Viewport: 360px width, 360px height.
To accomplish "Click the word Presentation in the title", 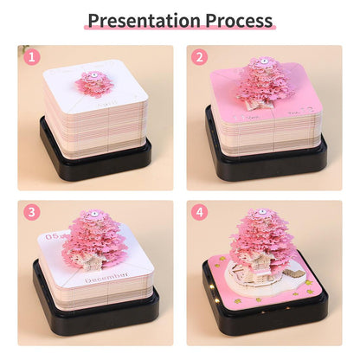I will pyautogui.click(x=143, y=19).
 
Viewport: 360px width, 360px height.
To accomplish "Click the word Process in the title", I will pyautogui.click(x=236, y=19).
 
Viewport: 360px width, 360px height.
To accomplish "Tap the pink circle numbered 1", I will pyautogui.click(x=33, y=59).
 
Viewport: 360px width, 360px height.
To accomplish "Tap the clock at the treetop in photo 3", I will pyautogui.click(x=93, y=210).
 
